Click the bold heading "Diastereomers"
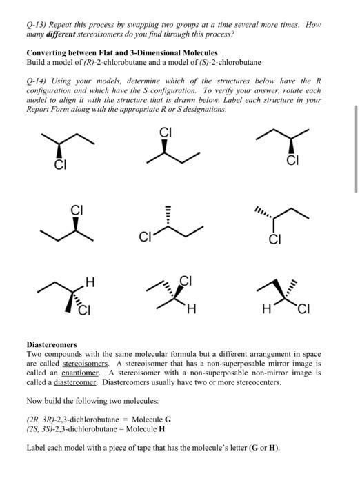52,344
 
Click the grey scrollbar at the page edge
357,162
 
